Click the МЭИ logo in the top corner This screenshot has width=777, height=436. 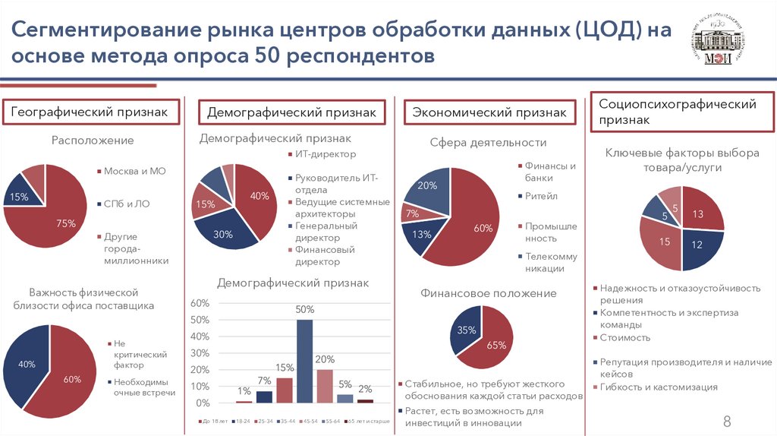[x=718, y=43]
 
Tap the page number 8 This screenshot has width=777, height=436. [x=726, y=422]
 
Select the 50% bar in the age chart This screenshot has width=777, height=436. [x=304, y=360]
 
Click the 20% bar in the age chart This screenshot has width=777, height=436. [x=325, y=385]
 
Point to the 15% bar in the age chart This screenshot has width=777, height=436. [x=285, y=389]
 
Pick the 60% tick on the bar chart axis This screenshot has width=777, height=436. [x=199, y=303]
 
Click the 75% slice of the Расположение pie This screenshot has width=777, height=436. [x=57, y=220]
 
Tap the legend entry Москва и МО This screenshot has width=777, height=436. [x=134, y=171]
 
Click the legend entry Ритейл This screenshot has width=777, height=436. [x=541, y=196]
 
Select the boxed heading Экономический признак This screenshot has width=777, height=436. [x=489, y=112]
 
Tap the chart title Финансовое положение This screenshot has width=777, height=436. [x=489, y=293]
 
